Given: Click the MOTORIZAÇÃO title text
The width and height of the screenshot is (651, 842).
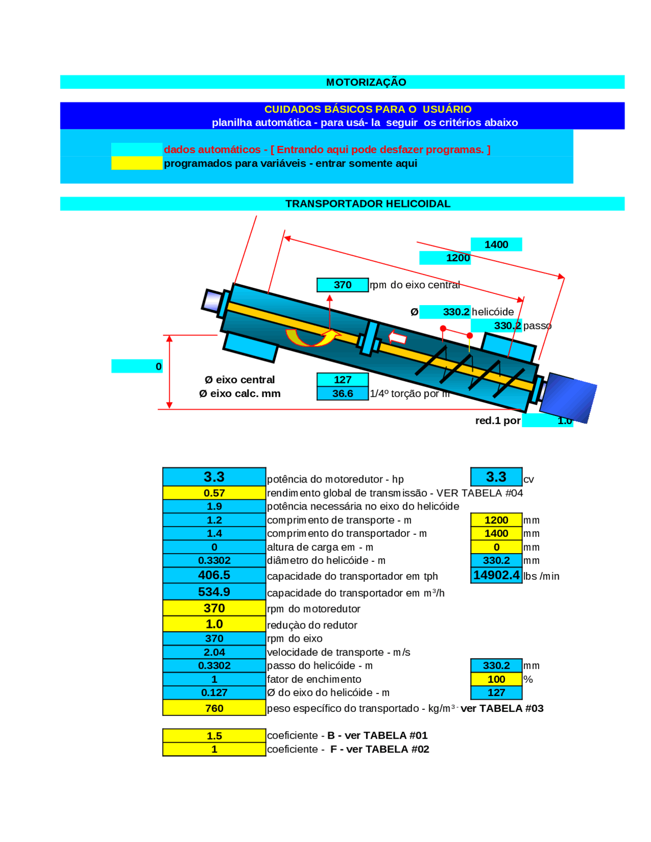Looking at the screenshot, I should (366, 82).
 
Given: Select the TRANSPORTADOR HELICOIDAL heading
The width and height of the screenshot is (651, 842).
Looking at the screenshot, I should (367, 204).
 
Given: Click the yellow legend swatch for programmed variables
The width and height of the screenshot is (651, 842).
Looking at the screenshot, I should (136, 163).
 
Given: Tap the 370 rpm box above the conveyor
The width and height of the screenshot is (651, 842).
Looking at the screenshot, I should (342, 285).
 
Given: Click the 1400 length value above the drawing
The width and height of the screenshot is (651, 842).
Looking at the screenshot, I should (496, 245).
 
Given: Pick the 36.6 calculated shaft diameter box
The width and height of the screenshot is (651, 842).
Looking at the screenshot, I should (342, 394).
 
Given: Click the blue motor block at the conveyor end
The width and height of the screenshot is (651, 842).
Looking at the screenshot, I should (567, 397).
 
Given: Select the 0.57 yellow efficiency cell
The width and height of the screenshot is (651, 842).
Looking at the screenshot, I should (214, 493).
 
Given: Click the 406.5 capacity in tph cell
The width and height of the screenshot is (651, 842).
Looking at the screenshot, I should (214, 575).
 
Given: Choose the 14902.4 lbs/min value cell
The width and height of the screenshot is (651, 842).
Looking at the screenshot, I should (496, 575).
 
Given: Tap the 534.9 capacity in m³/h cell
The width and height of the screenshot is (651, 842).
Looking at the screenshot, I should (214, 592).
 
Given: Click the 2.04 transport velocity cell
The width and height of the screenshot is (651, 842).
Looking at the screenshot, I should (214, 652).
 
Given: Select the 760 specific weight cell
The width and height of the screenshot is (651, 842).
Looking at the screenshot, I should (214, 708).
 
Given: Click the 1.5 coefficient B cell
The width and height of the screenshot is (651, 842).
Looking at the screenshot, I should (214, 736).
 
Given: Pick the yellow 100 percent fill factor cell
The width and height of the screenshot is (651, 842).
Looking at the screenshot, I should (496, 679).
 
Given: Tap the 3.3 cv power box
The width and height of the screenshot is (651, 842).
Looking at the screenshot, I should (496, 477).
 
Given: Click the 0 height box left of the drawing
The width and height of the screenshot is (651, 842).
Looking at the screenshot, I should (136, 366).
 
